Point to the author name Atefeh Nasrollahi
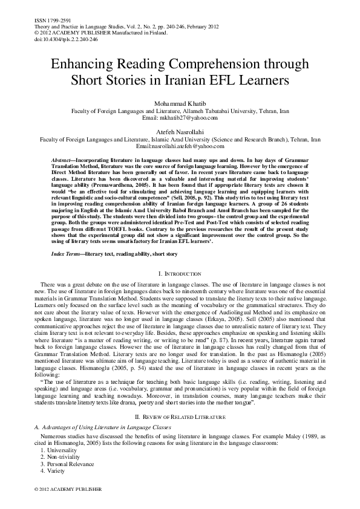180,131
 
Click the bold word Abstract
64,157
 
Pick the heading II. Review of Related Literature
180,418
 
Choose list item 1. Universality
65,451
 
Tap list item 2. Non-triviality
66,458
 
